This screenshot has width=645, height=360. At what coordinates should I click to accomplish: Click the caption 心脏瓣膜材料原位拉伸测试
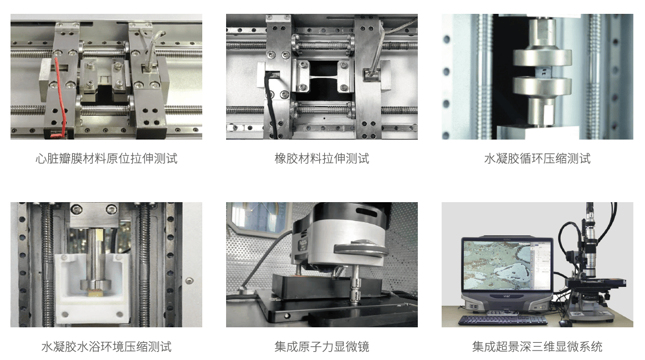click(x=106, y=158)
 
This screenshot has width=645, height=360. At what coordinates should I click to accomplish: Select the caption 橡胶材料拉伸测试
click(x=322, y=158)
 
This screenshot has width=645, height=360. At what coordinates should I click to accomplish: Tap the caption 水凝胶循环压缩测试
click(x=537, y=158)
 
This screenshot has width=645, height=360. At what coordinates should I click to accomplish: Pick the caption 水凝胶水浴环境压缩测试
click(x=106, y=347)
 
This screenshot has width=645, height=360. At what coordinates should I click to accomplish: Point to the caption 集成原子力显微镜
click(x=322, y=347)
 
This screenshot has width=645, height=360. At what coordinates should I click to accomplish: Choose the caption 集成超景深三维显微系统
click(x=537, y=347)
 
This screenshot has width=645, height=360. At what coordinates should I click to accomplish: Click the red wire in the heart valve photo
click(x=61, y=95)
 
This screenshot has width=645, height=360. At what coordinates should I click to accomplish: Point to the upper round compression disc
click(x=542, y=58)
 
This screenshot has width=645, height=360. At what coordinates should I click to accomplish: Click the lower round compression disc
click(x=542, y=86)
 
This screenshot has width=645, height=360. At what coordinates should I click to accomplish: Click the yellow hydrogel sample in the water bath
click(x=95, y=292)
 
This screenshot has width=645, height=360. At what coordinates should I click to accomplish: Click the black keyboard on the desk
click(x=503, y=320)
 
